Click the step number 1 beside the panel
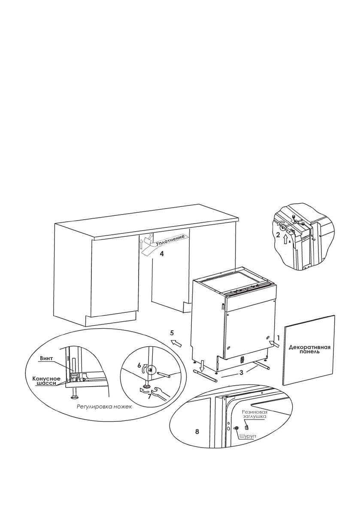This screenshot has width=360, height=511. point(278,338)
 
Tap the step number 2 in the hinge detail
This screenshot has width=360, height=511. point(278,235)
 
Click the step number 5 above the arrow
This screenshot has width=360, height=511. point(172,333)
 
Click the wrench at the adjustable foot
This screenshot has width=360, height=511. point(160,392)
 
